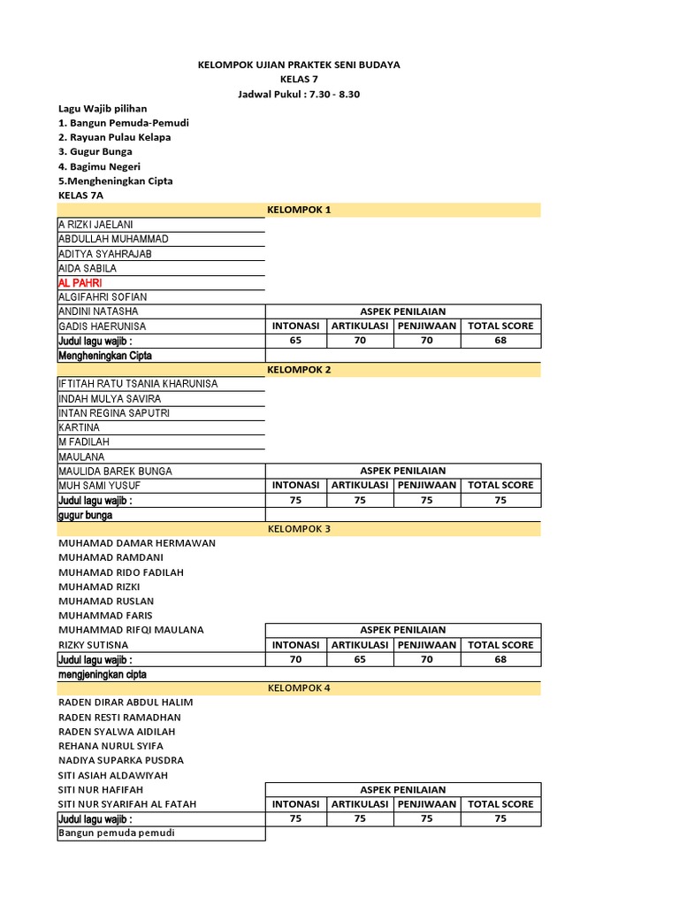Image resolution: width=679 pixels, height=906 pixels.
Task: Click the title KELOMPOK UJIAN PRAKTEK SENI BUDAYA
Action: (x=297, y=65)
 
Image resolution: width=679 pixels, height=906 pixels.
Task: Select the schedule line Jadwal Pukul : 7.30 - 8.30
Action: (x=297, y=94)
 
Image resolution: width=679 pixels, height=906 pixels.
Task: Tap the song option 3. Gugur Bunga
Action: (x=95, y=151)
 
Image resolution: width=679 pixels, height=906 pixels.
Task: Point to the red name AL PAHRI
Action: (x=80, y=282)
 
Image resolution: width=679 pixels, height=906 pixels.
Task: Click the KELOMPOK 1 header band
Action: (x=299, y=210)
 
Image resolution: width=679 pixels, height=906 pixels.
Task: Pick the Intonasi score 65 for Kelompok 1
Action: (x=295, y=341)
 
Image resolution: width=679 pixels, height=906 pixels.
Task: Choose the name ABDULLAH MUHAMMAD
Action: (x=113, y=239)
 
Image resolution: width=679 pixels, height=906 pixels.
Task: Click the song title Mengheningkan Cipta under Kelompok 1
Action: (x=105, y=356)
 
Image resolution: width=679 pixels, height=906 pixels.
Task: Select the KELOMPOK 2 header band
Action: (x=299, y=369)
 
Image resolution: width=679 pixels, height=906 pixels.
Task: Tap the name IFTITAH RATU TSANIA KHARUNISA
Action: (x=138, y=384)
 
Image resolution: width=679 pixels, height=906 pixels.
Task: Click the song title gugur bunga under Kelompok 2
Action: (x=86, y=515)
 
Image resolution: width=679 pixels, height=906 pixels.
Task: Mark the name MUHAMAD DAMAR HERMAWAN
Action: (x=137, y=543)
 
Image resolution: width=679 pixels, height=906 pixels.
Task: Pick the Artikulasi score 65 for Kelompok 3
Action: (x=360, y=659)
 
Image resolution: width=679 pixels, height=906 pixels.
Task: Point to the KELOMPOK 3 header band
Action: (x=299, y=528)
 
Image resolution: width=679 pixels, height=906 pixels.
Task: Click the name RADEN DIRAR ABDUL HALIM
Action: (x=126, y=703)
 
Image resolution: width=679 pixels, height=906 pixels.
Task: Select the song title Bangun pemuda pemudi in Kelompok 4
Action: (x=117, y=833)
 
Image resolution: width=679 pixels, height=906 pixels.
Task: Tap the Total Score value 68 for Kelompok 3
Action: (x=500, y=659)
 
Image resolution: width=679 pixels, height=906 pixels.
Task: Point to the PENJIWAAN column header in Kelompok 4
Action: (x=426, y=804)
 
